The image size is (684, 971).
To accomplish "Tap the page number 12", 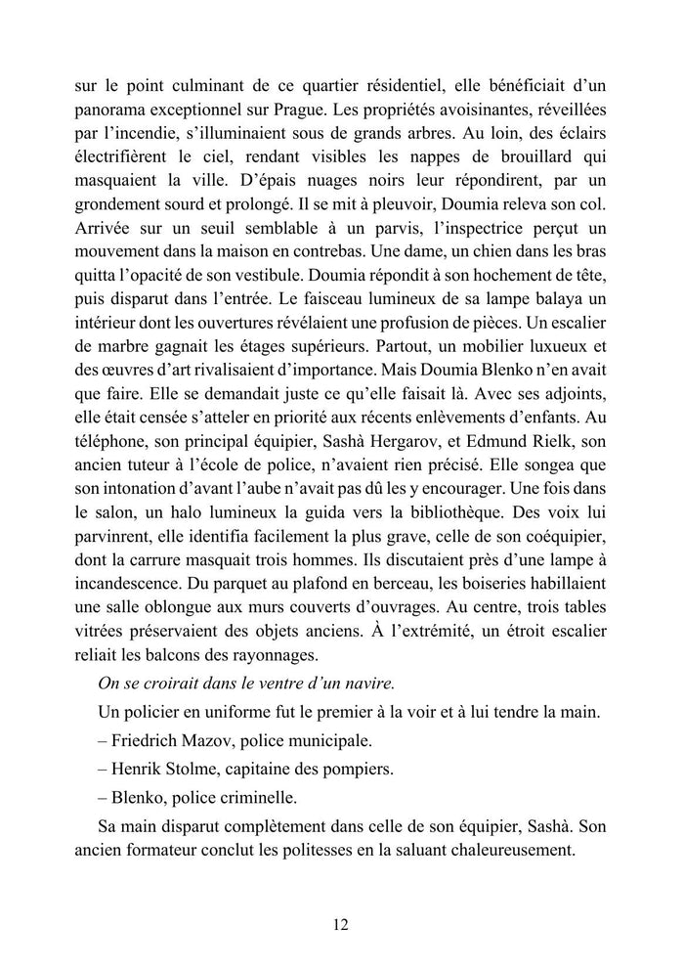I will point(342,925).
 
